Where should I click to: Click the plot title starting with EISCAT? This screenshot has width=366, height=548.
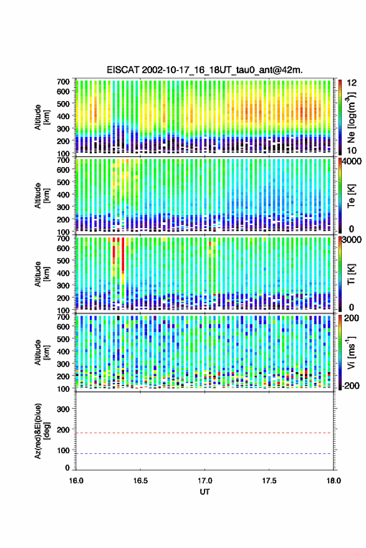(x=205, y=70)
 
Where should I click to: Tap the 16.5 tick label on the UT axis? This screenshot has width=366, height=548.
(x=140, y=481)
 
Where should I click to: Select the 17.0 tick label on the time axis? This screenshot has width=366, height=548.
(x=205, y=481)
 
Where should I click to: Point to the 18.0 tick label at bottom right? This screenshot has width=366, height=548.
(x=334, y=481)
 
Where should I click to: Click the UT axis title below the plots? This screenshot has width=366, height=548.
(x=205, y=492)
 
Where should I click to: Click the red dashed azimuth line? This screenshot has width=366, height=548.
(x=205, y=433)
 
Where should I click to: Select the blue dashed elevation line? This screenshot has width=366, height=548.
(x=205, y=454)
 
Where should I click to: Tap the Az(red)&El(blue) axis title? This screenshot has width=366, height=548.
(x=42, y=431)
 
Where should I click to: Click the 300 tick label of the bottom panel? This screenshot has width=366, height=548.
(x=63, y=409)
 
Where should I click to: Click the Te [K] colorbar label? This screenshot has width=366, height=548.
(x=351, y=196)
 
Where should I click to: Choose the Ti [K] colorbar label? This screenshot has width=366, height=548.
(x=351, y=274)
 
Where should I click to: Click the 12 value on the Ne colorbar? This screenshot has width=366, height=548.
(x=352, y=83)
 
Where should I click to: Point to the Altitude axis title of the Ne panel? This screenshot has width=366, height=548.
(x=42, y=117)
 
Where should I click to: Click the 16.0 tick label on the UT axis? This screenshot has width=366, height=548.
(x=76, y=481)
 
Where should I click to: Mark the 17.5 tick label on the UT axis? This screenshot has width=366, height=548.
(x=269, y=481)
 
